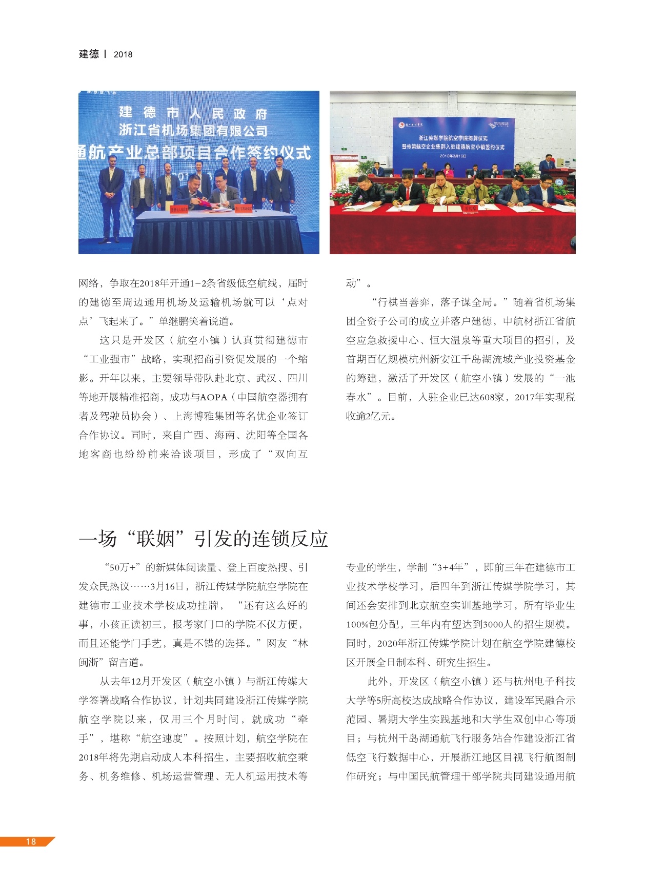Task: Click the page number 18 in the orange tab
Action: coord(31,842)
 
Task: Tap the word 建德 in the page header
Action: coord(89,54)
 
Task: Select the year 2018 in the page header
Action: coord(123,54)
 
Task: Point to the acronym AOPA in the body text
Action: coord(213,397)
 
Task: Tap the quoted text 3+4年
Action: coord(450,567)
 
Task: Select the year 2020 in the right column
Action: coord(388,643)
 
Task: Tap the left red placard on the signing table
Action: coord(179,209)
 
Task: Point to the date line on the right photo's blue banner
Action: coord(453,156)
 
